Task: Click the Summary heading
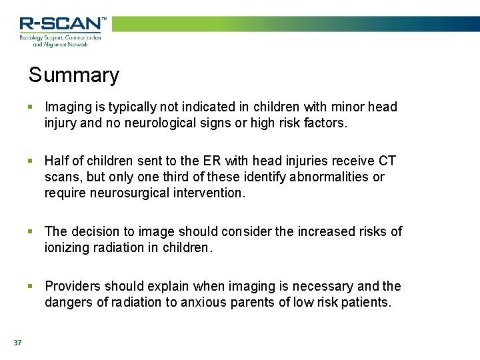coord(73,75)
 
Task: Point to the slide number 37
coord(17,343)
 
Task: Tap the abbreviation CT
coord(387,161)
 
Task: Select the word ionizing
coord(67,247)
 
